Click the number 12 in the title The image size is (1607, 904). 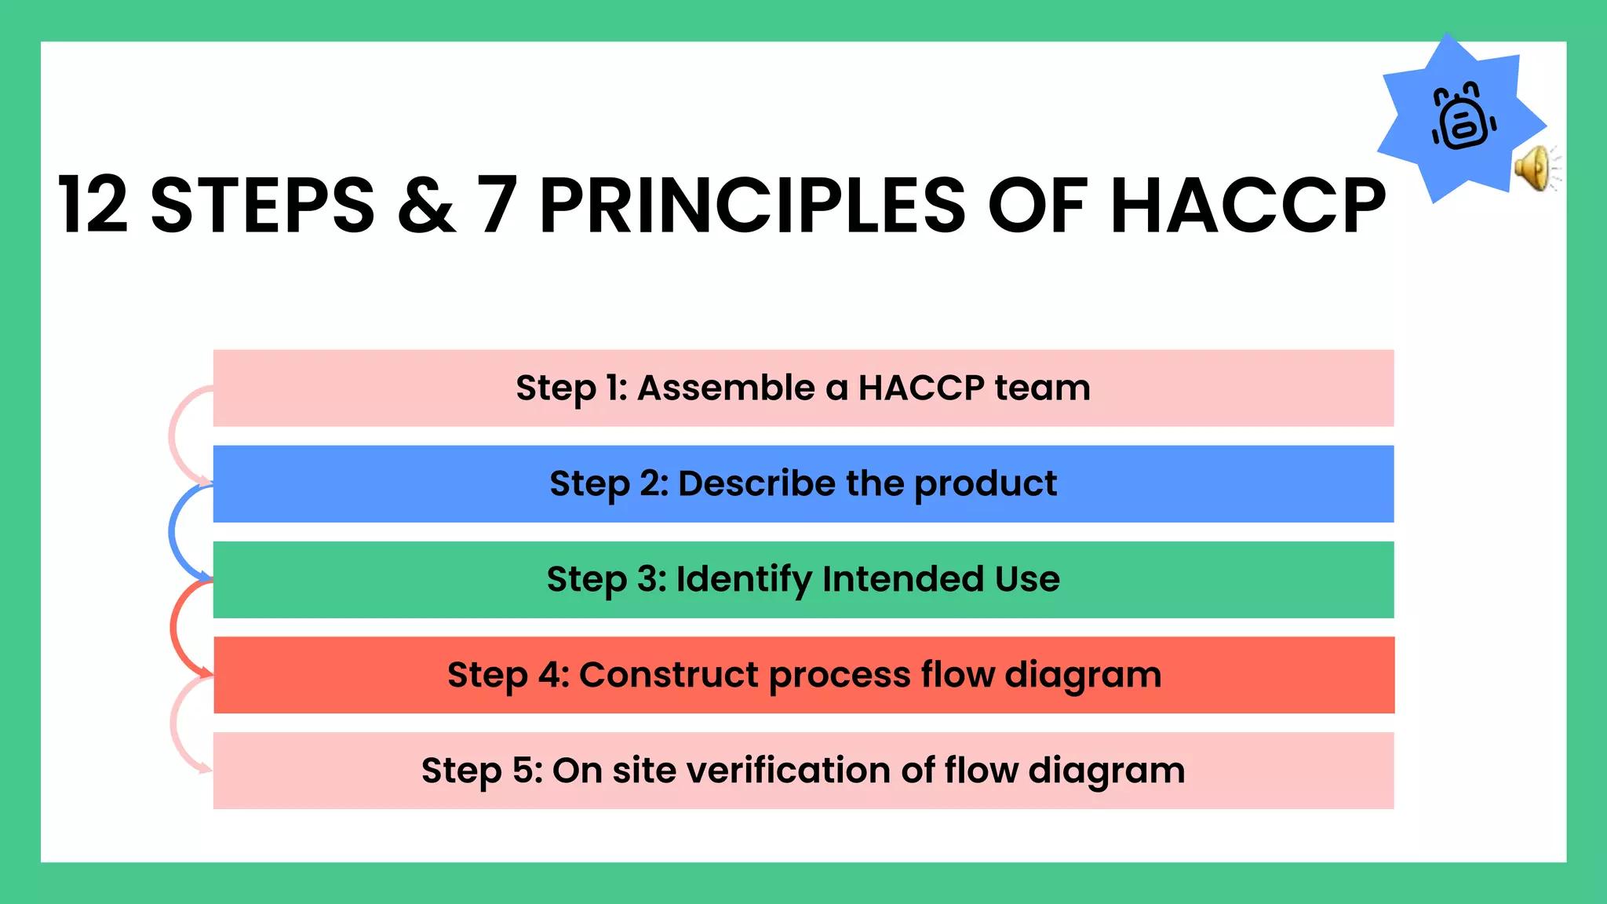coord(93,206)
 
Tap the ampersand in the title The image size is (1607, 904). coord(426,206)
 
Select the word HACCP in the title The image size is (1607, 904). coord(1248,206)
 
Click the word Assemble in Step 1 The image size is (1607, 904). coord(726,388)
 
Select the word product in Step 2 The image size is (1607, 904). coord(986,484)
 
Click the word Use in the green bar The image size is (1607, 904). coord(1027,579)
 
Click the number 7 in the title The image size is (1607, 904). coord(497,206)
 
